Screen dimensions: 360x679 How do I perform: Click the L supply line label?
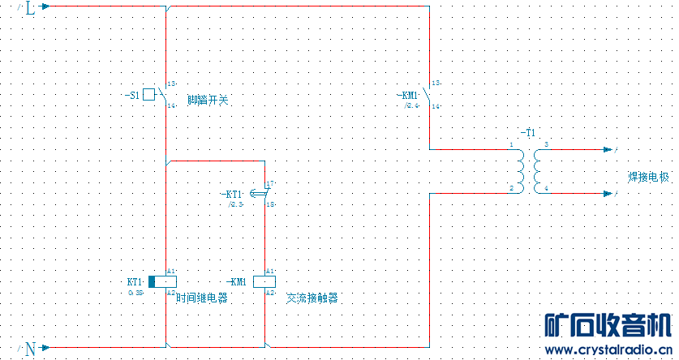[30, 9]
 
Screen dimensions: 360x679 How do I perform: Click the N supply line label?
[30, 349]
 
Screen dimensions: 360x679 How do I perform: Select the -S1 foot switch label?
[132, 96]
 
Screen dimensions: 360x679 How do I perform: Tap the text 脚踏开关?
[208, 101]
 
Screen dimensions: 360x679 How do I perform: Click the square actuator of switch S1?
[149, 95]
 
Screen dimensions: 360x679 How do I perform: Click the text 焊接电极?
[650, 177]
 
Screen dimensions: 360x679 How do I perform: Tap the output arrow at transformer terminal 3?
[611, 150]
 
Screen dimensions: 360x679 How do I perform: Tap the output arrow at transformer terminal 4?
[611, 195]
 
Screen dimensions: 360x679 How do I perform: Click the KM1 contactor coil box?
[264, 281]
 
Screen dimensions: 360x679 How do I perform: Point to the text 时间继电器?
[201, 298]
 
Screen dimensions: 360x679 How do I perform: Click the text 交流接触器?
[312, 298]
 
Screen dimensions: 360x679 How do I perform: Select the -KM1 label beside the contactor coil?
[237, 281]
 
